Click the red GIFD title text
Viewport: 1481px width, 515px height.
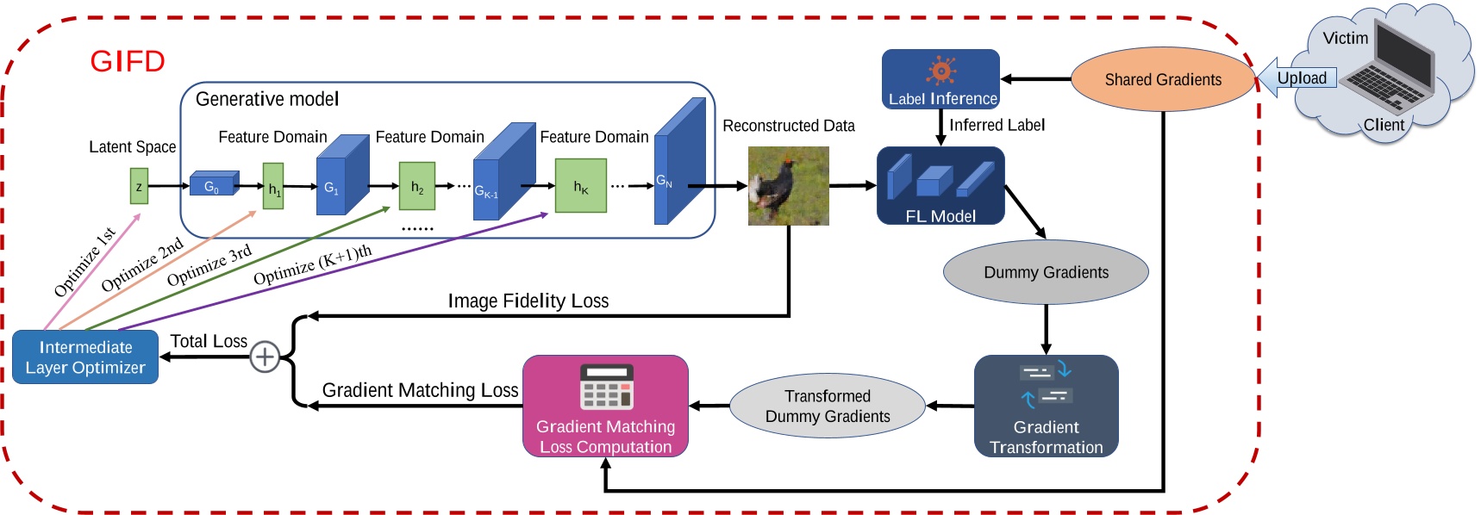click(128, 61)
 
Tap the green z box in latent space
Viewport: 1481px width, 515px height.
click(139, 186)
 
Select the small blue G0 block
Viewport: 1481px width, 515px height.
click(212, 185)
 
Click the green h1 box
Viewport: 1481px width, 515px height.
click(273, 187)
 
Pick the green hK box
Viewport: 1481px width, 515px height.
click(580, 186)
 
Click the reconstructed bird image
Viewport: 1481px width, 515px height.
click(788, 186)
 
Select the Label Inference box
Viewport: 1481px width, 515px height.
click(940, 79)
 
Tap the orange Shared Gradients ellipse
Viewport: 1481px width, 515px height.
click(1162, 79)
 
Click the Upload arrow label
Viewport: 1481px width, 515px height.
click(1301, 78)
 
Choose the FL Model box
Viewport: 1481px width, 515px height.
click(940, 186)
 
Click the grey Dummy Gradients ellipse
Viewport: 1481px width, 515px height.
click(1046, 272)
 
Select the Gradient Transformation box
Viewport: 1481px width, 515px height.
click(1046, 406)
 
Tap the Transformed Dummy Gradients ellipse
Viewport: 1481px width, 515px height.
click(827, 406)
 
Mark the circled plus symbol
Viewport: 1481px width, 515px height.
click(265, 357)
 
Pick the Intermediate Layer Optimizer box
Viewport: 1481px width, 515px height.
click(85, 357)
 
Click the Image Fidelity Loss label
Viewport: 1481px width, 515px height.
click(528, 301)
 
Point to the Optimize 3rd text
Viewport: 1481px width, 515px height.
click(209, 265)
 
